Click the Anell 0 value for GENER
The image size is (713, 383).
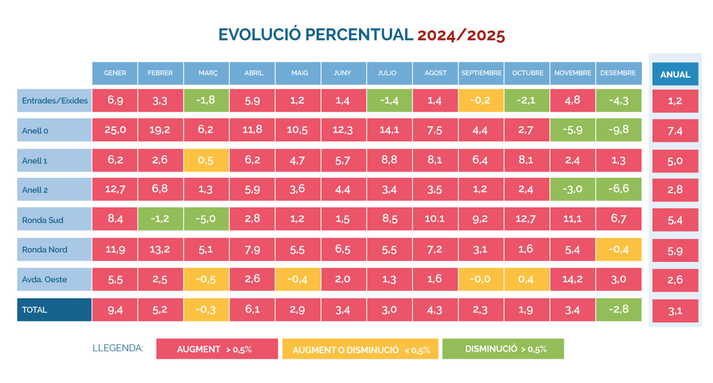[115, 130]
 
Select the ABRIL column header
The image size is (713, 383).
[253, 73]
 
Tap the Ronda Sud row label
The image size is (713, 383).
[54, 220]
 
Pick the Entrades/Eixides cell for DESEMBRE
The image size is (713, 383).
[618, 100]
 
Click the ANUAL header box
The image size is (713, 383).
[675, 74]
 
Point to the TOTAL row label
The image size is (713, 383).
[54, 309]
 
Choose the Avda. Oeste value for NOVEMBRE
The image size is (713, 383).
[573, 279]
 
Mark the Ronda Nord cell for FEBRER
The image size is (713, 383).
[161, 249]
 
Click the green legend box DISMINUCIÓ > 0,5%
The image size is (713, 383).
[503, 349]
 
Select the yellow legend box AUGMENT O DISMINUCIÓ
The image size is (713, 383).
[360, 349]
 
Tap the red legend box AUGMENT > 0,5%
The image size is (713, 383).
[217, 349]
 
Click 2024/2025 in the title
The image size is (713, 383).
[461, 35]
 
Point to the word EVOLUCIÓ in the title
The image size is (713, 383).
[259, 35]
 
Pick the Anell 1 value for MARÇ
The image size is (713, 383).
[206, 160]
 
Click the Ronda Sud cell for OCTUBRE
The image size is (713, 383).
[526, 220]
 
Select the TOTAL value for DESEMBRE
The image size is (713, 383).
[618, 309]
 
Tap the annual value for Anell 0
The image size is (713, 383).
[675, 130]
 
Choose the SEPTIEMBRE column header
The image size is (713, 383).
[481, 73]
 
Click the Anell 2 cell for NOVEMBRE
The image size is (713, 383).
[573, 190]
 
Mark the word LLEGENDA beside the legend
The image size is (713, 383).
[118, 348]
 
